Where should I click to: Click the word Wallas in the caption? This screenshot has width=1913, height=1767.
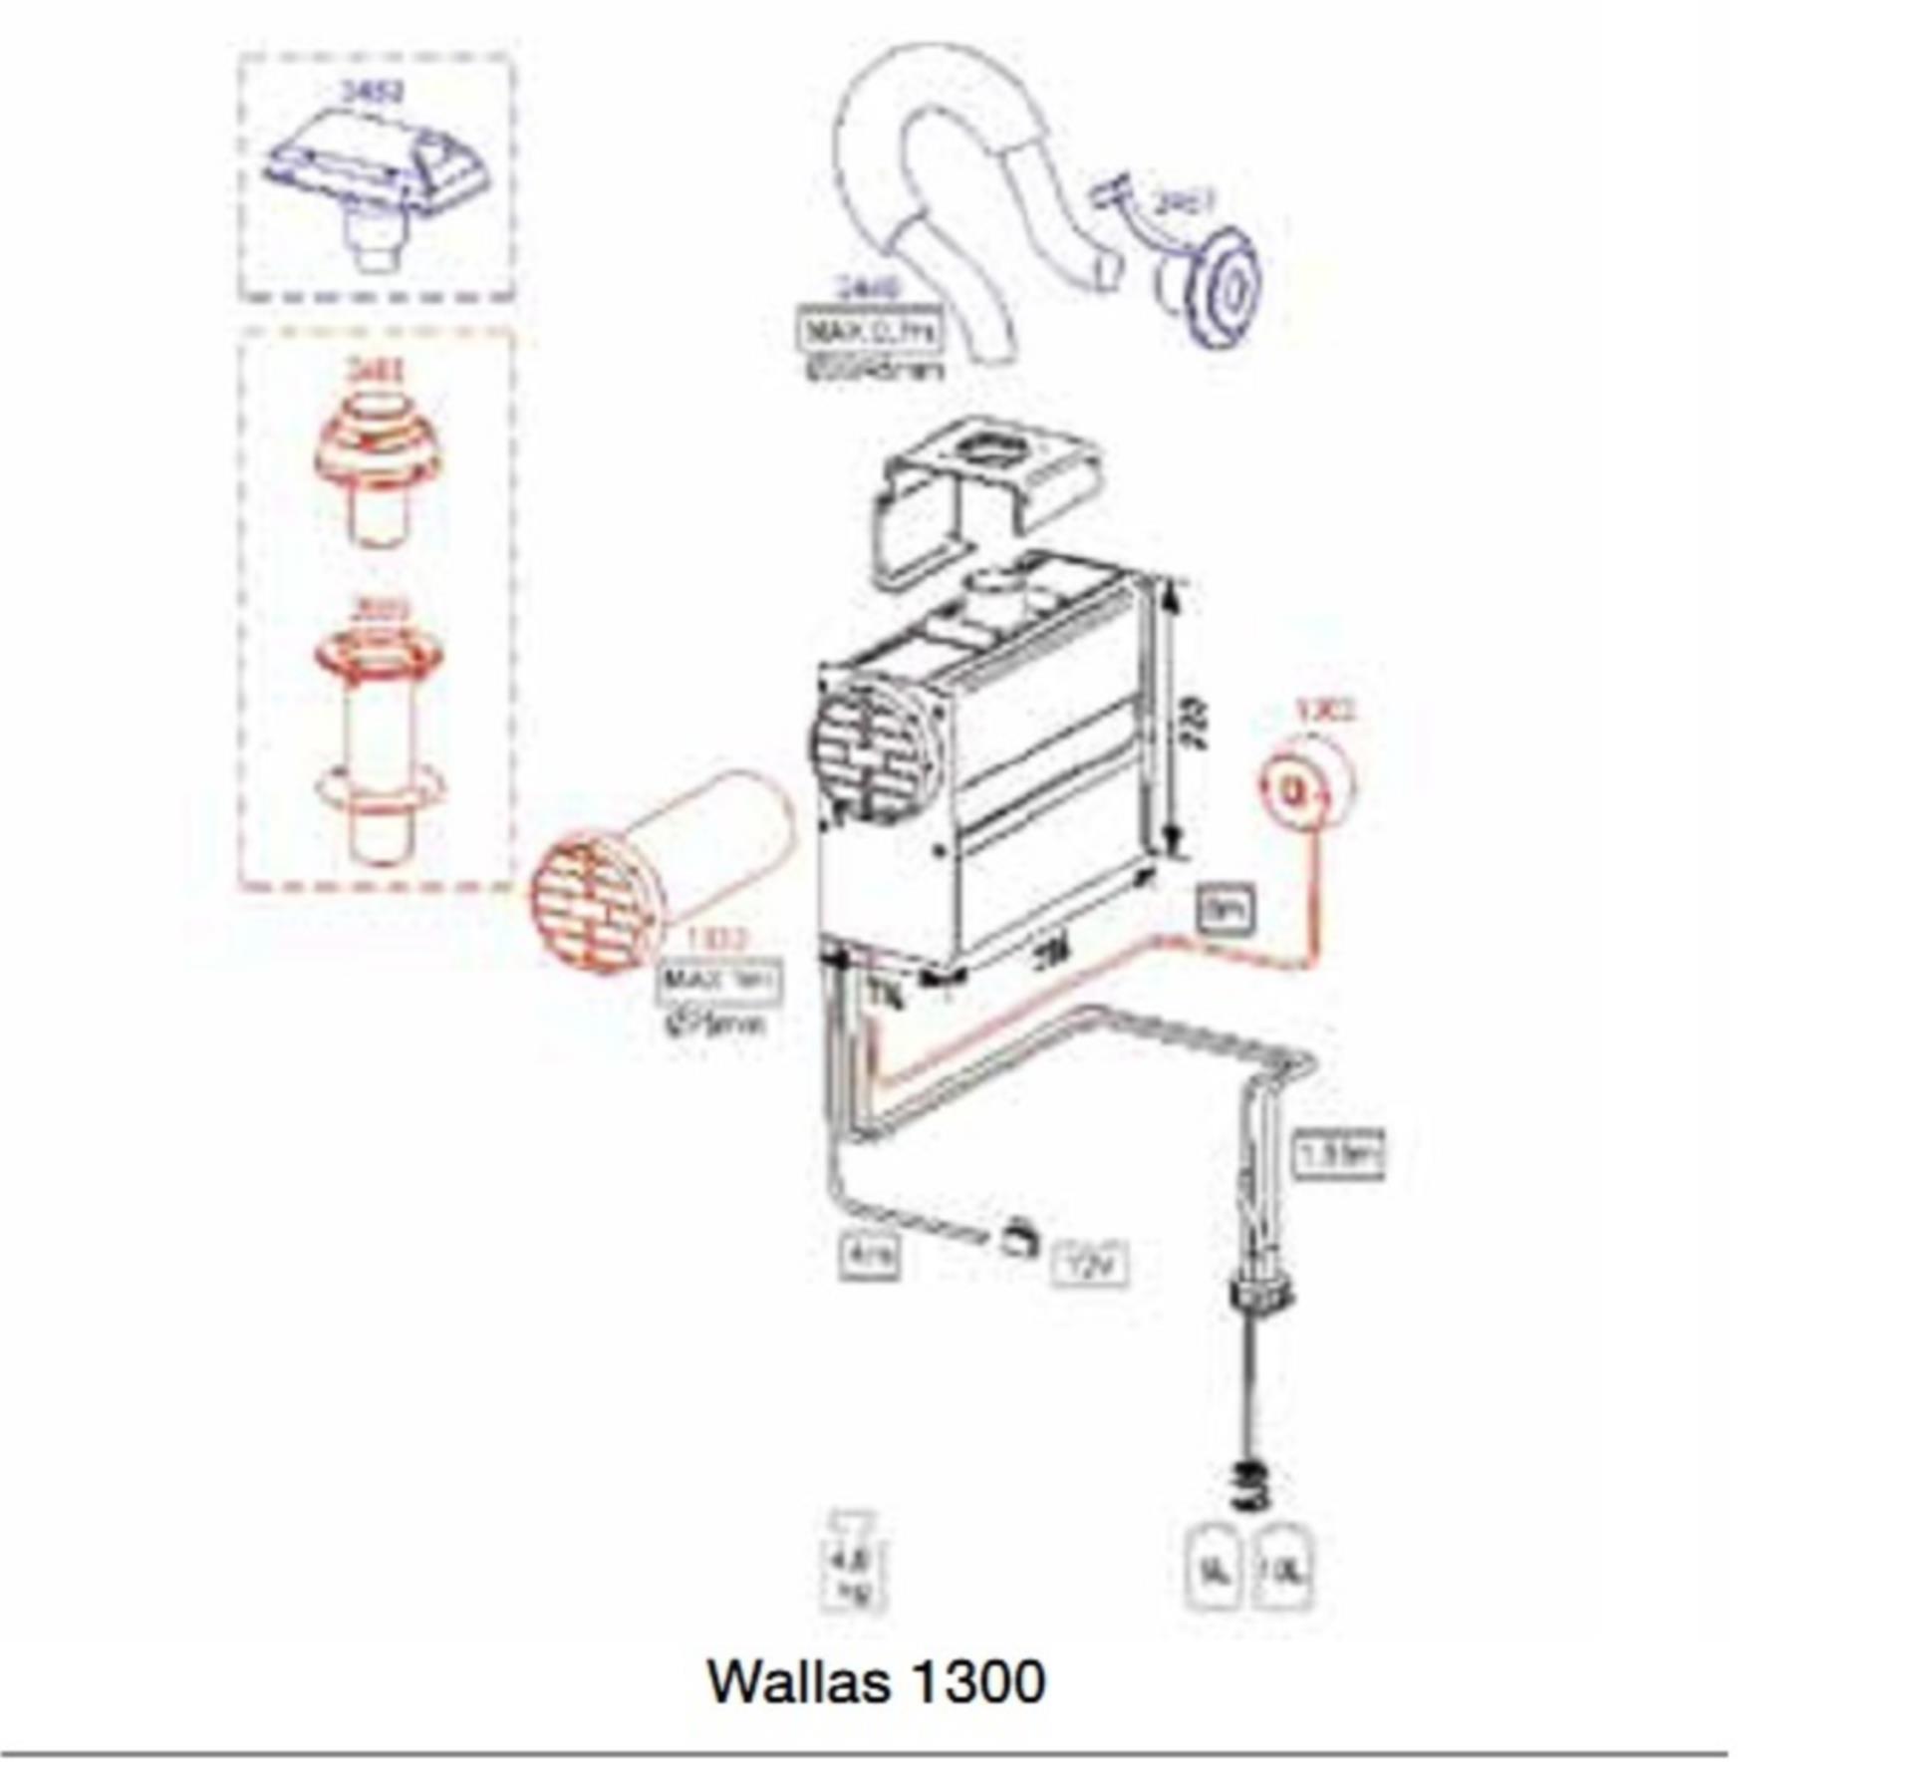pos(797,1681)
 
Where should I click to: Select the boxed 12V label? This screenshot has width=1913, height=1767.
pos(1090,1265)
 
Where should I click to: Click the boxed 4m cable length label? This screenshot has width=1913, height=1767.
pos(869,1258)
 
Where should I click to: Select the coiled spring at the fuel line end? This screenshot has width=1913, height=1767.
pos(1252,1487)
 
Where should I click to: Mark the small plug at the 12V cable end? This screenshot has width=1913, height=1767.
pos(1017,1241)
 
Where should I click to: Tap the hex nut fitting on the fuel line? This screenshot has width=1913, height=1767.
pos(1261,1297)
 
